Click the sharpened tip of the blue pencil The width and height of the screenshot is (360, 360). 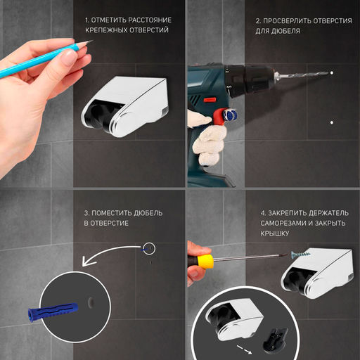(x=93, y=41)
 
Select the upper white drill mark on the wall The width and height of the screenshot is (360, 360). (x=332, y=73)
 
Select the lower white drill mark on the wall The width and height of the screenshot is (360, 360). (x=332, y=122)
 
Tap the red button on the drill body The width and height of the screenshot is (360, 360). (x=210, y=100)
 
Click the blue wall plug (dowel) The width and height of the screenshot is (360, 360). (x=53, y=312)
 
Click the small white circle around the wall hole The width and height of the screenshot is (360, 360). (x=149, y=248)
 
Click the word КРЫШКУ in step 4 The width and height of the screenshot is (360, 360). (x=274, y=233)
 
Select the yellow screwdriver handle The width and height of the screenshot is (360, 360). (x=205, y=262)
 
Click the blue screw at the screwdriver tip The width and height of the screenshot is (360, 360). (x=301, y=254)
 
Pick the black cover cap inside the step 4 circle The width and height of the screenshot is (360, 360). (x=275, y=340)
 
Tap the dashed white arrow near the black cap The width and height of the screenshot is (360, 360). (x=244, y=349)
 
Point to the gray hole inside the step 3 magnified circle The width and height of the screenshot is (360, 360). (x=91, y=302)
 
